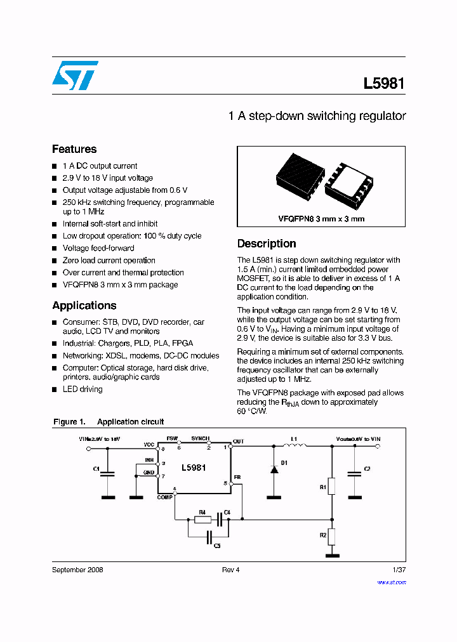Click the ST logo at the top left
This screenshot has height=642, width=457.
point(75,75)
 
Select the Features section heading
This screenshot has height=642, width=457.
point(74,149)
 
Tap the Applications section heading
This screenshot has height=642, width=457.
point(84,305)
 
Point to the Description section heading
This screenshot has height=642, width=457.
point(267,244)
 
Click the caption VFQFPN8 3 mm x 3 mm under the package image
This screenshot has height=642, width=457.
point(321,219)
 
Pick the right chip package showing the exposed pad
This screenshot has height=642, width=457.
point(348,188)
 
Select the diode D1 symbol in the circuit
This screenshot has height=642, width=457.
point(274,469)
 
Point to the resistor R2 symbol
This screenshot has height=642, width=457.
point(331,537)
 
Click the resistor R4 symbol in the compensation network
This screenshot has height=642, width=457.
point(202,520)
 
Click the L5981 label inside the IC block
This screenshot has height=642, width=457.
point(194,468)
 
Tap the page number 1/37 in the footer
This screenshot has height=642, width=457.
point(399,570)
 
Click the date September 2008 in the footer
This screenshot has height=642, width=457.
point(77,570)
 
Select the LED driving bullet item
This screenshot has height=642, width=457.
point(83,389)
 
